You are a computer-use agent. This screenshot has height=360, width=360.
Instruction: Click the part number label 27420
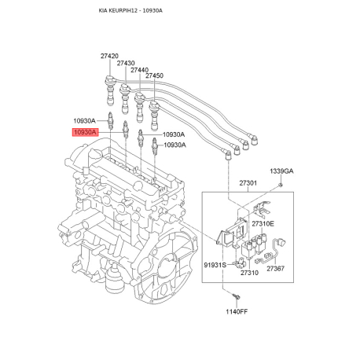109,56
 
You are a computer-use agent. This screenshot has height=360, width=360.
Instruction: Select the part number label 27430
126,63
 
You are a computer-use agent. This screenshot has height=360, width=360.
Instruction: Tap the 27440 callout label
139,70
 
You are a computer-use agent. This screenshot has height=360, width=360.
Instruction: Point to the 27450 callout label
154,75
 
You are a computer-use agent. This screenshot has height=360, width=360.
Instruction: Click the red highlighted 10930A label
85,132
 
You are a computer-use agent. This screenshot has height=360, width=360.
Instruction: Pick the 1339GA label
281,171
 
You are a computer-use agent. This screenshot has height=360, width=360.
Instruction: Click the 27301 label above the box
248,183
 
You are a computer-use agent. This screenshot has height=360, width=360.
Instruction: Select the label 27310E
263,224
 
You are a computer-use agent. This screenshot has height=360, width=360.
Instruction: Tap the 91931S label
215,265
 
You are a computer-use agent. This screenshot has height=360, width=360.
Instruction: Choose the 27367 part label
276,269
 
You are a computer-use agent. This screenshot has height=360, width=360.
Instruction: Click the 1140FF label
237,311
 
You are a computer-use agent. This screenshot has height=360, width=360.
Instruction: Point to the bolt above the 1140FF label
237,296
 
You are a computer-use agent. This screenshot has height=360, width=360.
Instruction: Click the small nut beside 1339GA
280,186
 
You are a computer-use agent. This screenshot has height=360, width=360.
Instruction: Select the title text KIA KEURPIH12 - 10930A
130,11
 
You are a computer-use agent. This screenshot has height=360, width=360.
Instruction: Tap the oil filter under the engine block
113,280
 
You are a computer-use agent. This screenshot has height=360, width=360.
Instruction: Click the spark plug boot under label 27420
110,90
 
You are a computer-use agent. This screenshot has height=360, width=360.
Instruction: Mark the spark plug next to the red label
126,130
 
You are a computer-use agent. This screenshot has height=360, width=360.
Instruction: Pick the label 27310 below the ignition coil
249,273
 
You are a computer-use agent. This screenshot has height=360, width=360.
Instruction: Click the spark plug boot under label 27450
154,116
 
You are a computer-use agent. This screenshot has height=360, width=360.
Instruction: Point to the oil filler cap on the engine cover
95,155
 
